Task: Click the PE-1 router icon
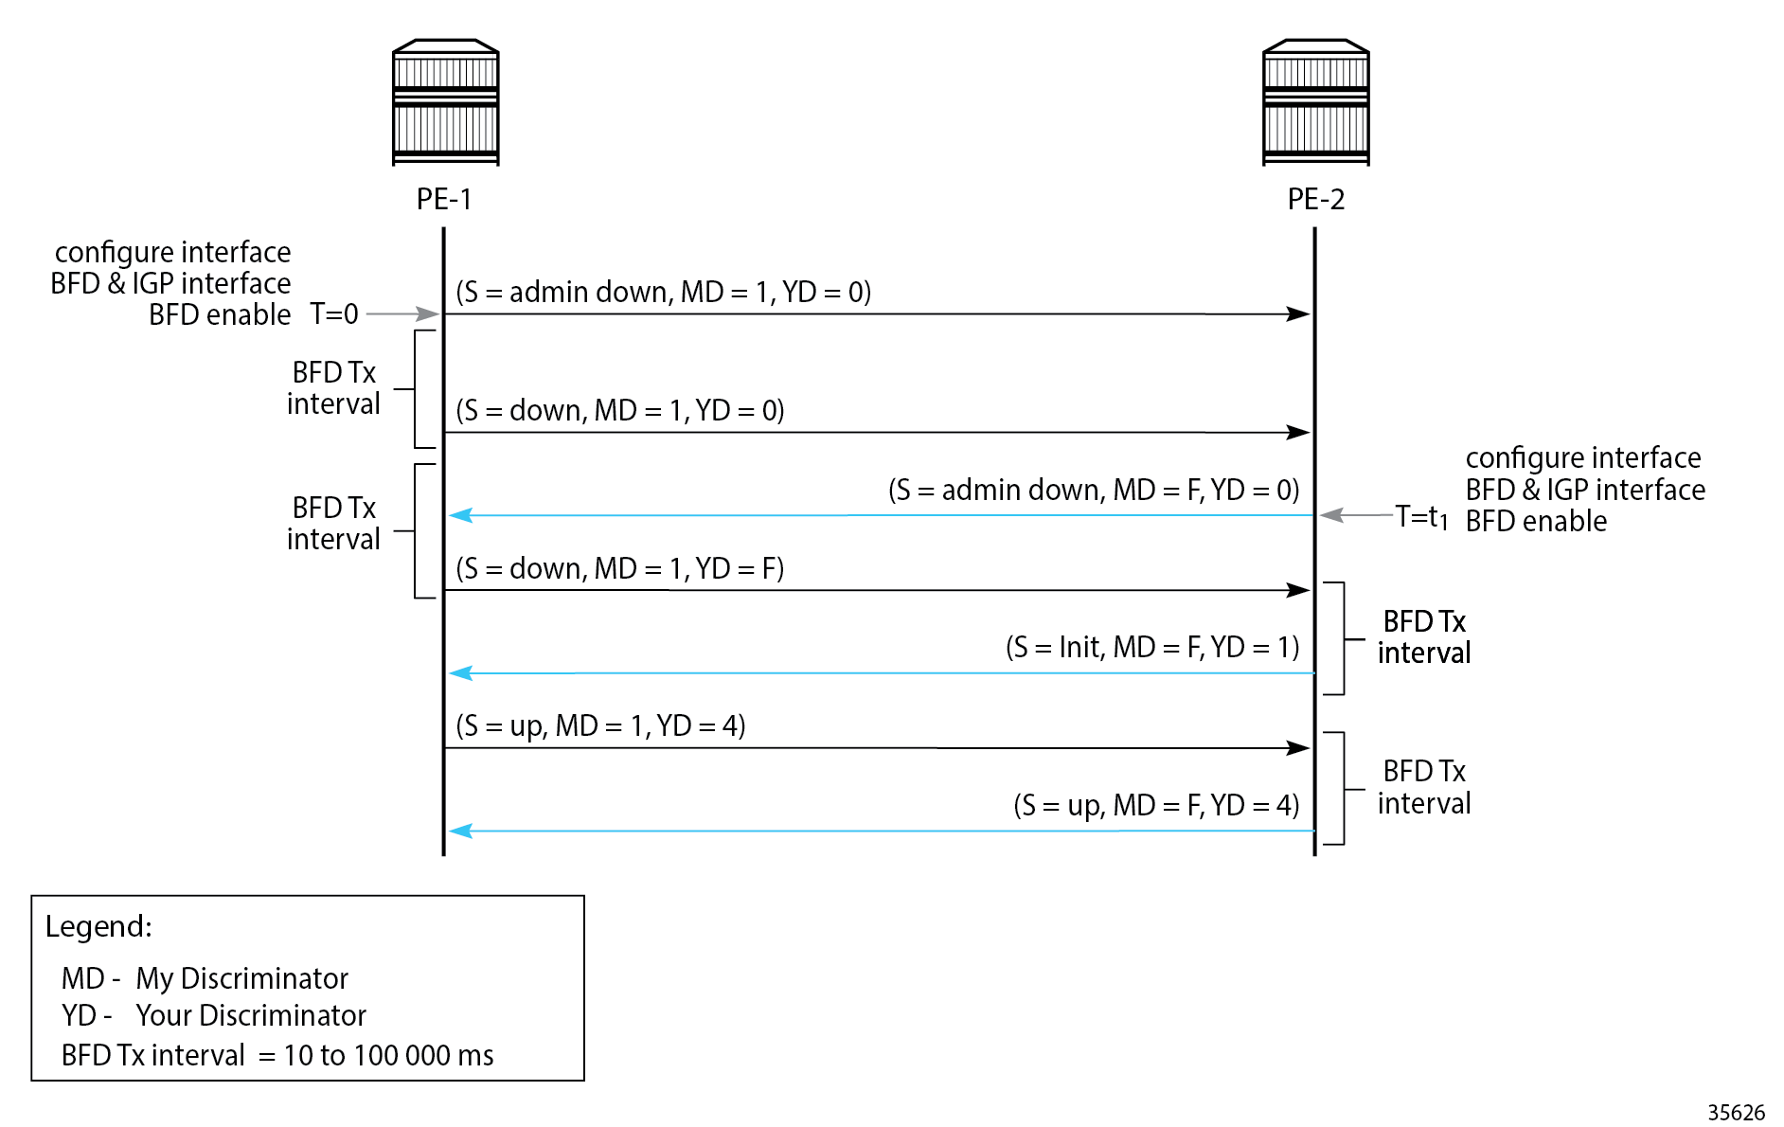tap(445, 102)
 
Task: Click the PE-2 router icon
tap(1315, 102)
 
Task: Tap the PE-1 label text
tap(444, 199)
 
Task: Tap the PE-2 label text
tap(1315, 199)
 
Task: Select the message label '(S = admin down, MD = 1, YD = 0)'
tap(663, 292)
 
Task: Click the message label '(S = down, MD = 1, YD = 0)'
tap(620, 410)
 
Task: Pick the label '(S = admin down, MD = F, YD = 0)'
tap(1094, 490)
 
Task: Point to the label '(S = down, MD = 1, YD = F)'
tap(620, 568)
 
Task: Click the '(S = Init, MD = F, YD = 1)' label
tap(1152, 647)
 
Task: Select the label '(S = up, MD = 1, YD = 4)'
tap(600, 725)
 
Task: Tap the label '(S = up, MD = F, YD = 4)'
tap(1156, 805)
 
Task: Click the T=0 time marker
tap(334, 313)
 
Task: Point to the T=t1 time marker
tap(1421, 517)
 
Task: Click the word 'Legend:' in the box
tap(98, 926)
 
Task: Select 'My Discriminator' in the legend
tap(241, 978)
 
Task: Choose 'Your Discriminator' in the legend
tap(250, 1015)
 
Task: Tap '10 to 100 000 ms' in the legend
tap(388, 1055)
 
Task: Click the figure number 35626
tap(1736, 1112)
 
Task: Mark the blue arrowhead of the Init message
tap(460, 673)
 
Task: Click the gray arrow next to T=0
tap(402, 313)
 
